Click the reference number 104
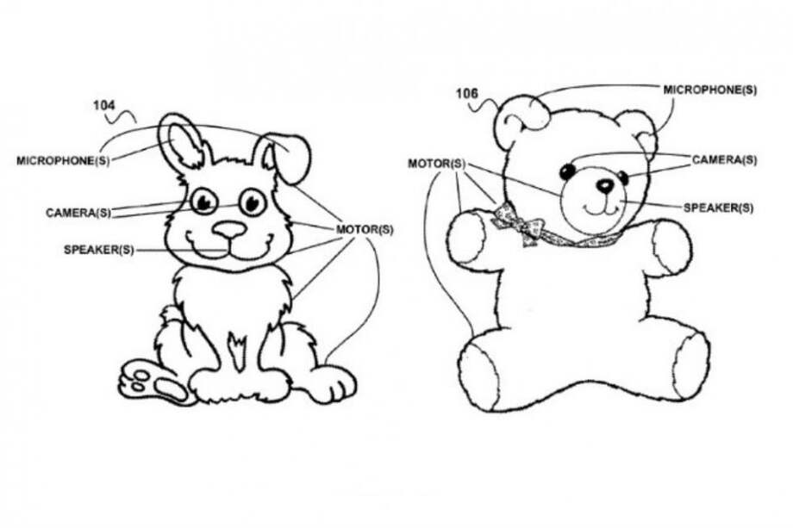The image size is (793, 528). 103,105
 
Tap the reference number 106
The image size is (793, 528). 467,94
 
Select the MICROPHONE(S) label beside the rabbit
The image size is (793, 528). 63,161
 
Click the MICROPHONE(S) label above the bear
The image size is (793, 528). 710,90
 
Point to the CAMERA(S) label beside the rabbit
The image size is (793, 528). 78,213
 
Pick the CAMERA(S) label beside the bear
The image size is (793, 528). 724,160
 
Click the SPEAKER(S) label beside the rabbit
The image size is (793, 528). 99,250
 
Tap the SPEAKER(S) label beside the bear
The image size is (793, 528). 718,208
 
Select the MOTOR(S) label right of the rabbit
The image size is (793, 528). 365,230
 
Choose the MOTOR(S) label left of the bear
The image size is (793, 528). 436,164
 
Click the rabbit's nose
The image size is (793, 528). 229,230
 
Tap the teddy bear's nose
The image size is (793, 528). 604,185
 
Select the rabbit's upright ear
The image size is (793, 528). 184,140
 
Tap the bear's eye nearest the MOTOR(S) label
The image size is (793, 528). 568,171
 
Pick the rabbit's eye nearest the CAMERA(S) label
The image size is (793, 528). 203,202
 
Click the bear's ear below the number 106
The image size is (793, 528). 521,121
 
